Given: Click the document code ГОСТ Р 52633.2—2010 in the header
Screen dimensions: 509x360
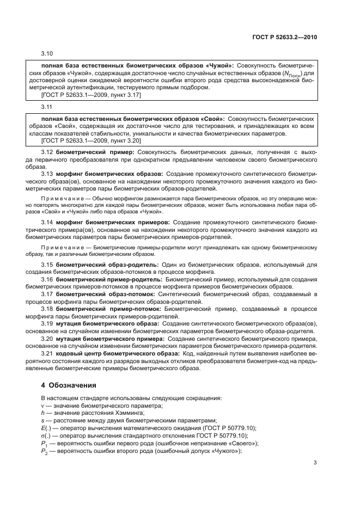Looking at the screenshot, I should [x=285, y=38].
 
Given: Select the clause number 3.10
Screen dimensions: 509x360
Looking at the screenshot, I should [x=47, y=54].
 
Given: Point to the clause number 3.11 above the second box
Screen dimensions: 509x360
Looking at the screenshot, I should [x=47, y=107].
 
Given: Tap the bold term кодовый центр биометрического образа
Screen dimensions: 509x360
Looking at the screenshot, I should [x=116, y=353].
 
